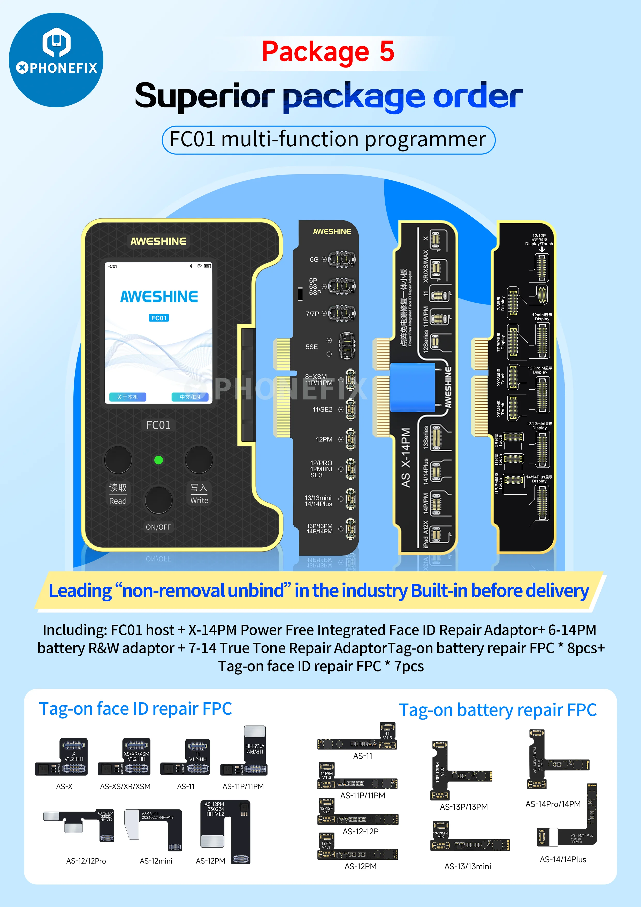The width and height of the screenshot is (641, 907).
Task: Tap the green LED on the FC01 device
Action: pyautogui.click(x=158, y=460)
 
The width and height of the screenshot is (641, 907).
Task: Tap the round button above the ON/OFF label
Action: pyautogui.click(x=158, y=500)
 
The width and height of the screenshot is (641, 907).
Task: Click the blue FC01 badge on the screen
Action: pyautogui.click(x=159, y=318)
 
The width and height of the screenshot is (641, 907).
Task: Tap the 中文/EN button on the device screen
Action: pyautogui.click(x=190, y=397)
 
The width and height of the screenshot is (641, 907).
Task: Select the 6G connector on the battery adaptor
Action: pyautogui.click(x=342, y=260)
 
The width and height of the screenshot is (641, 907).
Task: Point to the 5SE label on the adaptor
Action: pyautogui.click(x=312, y=347)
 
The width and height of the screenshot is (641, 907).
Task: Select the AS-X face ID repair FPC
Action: pyautogui.click(x=62, y=757)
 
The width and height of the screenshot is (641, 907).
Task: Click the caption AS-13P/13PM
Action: pyautogui.click(x=464, y=807)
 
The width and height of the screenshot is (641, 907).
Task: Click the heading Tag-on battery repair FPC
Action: pyautogui.click(x=498, y=710)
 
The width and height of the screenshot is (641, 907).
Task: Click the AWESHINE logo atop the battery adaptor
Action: pyautogui.click(x=332, y=231)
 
